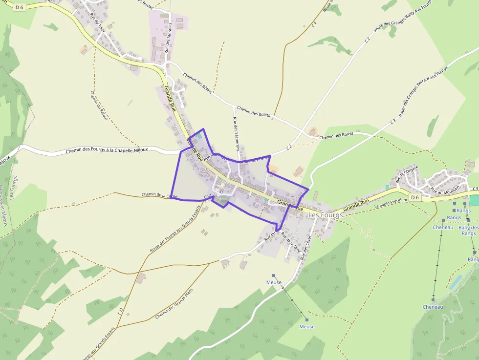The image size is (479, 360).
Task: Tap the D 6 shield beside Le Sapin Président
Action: (414, 197)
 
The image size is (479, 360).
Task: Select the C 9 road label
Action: (475, 189)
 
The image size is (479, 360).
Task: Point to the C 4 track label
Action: (314, 24)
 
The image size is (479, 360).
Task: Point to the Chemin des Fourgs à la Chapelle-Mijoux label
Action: (122, 150)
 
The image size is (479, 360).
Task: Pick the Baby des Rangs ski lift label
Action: (468, 231)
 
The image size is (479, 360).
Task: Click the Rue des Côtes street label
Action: (306, 243)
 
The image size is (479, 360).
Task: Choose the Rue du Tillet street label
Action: (97, 22)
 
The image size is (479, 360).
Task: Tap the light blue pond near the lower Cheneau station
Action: (455, 282)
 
